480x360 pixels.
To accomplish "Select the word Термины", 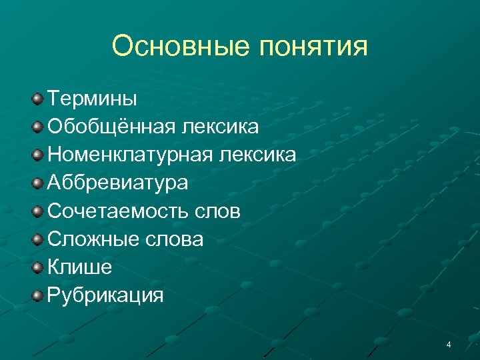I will tap(92, 99).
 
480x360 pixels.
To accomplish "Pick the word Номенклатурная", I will tap(129, 155).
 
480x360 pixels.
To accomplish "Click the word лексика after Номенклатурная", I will tap(257, 155).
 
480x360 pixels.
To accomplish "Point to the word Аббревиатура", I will tap(117, 183).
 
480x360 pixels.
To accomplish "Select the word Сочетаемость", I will tap(117, 211).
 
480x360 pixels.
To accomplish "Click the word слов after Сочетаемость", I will tap(217, 211).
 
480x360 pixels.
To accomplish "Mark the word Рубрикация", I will tap(105, 295).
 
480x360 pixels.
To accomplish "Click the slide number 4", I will tap(449, 345).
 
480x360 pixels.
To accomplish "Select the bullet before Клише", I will tap(37, 267).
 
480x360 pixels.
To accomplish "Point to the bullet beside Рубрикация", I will tap(37, 295).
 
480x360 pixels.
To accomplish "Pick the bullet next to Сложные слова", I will tap(37, 239).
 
